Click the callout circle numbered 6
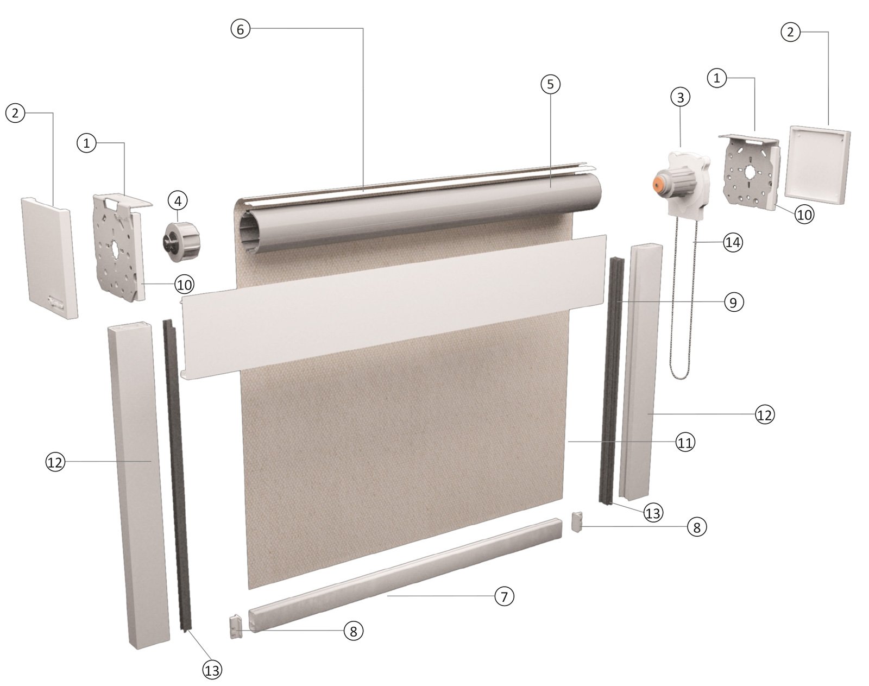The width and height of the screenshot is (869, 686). point(241,29)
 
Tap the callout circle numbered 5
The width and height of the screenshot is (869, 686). point(550,84)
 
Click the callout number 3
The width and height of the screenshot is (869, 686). point(680,97)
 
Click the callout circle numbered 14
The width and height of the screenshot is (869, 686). point(733,242)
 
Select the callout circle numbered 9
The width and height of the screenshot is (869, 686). point(733,303)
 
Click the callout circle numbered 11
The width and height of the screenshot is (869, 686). point(685,443)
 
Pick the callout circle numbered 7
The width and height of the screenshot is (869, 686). point(504,596)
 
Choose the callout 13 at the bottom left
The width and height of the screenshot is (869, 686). point(212,671)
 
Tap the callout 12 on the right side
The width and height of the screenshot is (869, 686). point(764,415)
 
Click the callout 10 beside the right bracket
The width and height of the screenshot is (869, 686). point(804,215)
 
